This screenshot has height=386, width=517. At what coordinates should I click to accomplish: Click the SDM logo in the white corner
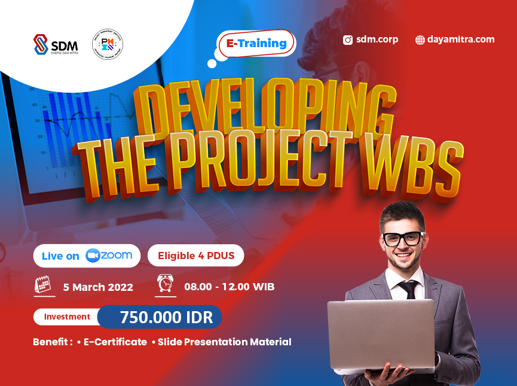tap(55, 45)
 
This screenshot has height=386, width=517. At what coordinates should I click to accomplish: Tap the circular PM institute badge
tap(108, 45)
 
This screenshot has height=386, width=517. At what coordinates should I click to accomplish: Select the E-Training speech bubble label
tap(256, 44)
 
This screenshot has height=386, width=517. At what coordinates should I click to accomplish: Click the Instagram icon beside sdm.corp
tap(348, 40)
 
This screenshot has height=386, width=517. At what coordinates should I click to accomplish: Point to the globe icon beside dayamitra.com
tap(420, 40)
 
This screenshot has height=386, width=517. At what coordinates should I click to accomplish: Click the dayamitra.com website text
tap(460, 39)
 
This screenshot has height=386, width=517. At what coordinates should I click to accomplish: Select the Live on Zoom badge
tap(87, 256)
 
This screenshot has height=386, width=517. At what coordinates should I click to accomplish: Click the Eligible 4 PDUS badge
tap(195, 256)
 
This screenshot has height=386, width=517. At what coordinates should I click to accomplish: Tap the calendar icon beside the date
tap(43, 285)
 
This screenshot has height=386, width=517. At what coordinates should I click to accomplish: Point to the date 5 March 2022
tap(98, 287)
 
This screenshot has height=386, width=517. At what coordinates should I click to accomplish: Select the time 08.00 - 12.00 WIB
tap(230, 287)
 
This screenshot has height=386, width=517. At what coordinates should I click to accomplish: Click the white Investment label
tap(67, 317)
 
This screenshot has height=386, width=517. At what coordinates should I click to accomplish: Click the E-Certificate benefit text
tap(115, 342)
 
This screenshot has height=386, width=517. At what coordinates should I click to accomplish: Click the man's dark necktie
tap(408, 288)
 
